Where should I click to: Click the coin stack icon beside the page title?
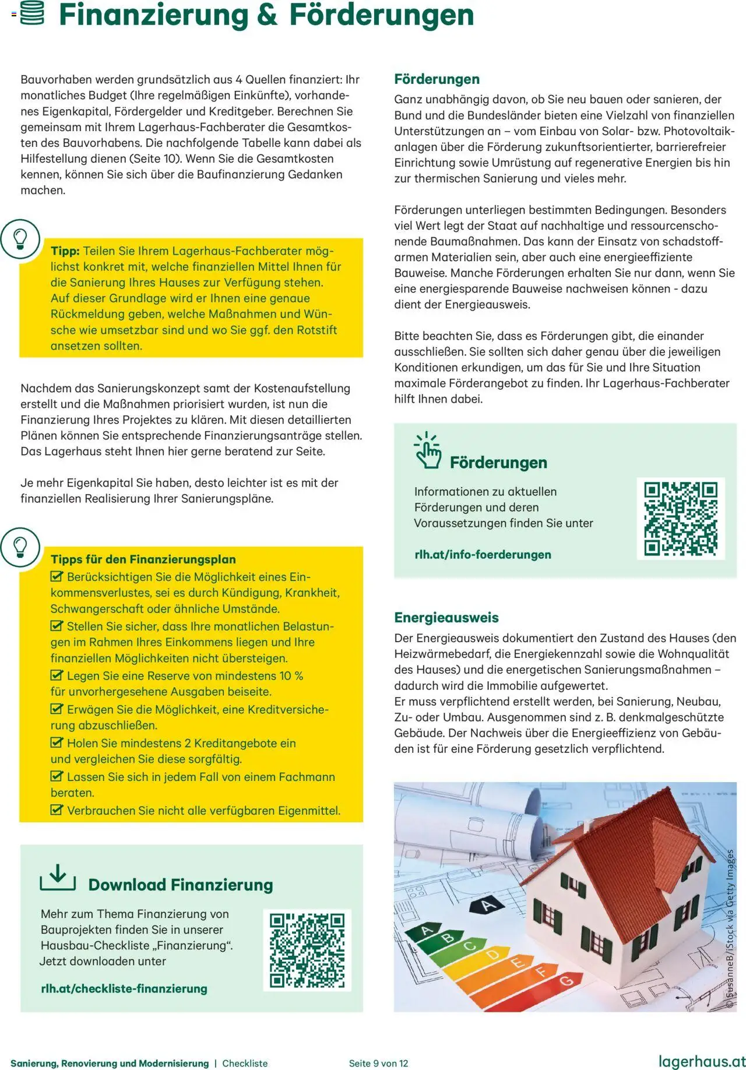32,14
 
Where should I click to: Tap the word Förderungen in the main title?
382,15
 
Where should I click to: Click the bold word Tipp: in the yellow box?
65,251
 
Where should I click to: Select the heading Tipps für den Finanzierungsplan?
143,559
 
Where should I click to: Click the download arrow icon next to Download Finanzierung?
58,878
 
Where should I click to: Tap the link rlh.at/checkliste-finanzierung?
124,988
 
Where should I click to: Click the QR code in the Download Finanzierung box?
307,951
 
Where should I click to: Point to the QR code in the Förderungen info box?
680,519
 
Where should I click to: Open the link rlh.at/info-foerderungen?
483,554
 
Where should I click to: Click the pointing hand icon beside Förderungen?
428,450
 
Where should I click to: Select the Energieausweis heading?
446,618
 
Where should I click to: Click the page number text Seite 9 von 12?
379,1063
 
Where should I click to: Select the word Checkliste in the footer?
245,1063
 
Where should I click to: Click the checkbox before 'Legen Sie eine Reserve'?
57,675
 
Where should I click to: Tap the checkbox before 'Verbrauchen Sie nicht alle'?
57,810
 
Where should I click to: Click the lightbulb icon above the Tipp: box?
20,239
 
